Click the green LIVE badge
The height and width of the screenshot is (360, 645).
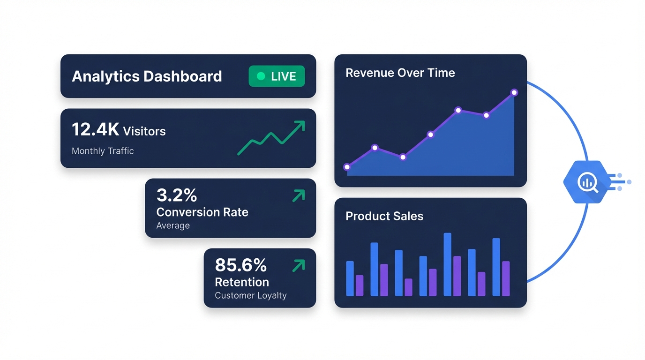pyautogui.click(x=277, y=76)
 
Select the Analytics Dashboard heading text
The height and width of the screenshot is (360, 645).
pyautogui.click(x=147, y=76)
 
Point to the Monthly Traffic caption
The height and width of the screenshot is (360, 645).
pyautogui.click(x=103, y=151)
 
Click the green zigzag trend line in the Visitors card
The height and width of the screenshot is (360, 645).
pyautogui.click(x=271, y=138)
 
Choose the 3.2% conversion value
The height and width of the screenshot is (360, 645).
pyautogui.click(x=177, y=195)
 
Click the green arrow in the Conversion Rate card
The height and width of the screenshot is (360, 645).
pyautogui.click(x=299, y=195)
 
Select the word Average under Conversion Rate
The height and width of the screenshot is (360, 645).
pyautogui.click(x=173, y=225)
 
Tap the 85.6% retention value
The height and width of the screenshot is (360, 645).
pyautogui.click(x=240, y=265)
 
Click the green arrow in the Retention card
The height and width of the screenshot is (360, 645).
pyautogui.click(x=299, y=266)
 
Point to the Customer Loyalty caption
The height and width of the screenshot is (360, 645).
pyautogui.click(x=250, y=295)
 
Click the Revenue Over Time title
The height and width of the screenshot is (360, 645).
pyautogui.click(x=400, y=73)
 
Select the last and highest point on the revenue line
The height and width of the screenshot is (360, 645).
pyautogui.click(x=514, y=93)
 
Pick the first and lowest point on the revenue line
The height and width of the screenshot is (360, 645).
pyautogui.click(x=347, y=167)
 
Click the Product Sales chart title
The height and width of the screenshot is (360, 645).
pyautogui.click(x=384, y=216)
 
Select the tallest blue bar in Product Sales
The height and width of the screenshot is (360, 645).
pyautogui.click(x=447, y=264)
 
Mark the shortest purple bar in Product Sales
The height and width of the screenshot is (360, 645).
pyautogui.click(x=408, y=287)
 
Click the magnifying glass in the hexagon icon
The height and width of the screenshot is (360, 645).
pyautogui.click(x=587, y=182)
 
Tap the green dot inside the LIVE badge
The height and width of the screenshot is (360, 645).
pyautogui.click(x=261, y=76)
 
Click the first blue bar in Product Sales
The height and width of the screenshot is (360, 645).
pyautogui.click(x=350, y=278)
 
